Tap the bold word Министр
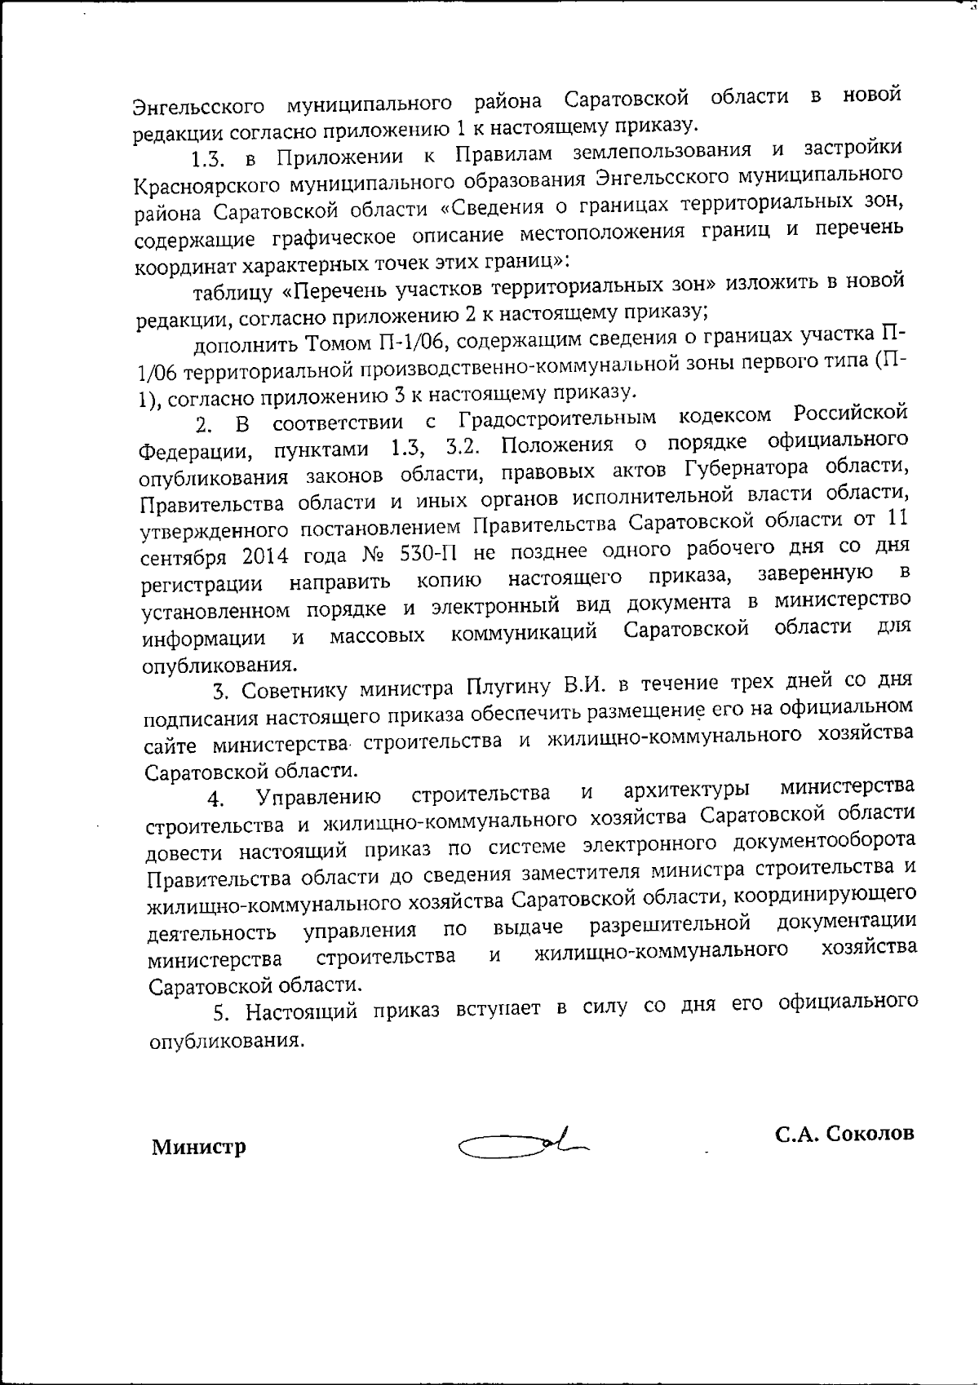tap(198, 1148)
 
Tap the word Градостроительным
tap(557, 418)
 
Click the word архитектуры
tap(686, 790)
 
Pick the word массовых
tap(377, 635)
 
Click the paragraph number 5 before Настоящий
tap(219, 1014)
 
